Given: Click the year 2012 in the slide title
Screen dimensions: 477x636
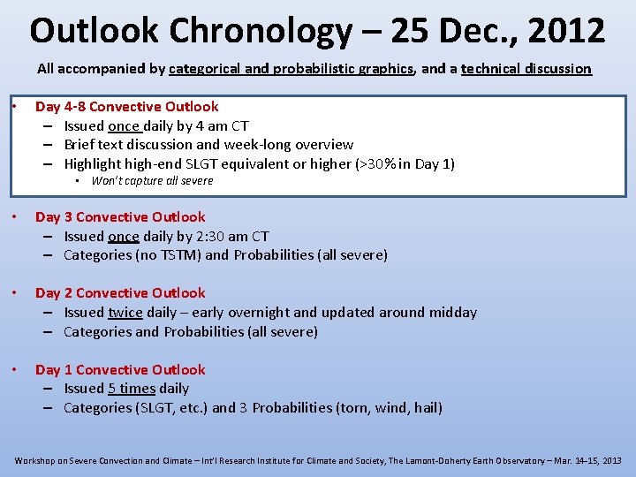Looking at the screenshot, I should pos(567,31).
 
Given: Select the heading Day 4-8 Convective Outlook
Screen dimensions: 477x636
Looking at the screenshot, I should pos(126,106).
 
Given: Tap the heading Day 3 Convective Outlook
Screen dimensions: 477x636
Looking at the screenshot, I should pos(119,216).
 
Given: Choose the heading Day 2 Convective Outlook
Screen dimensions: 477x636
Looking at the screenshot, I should pos(119,292).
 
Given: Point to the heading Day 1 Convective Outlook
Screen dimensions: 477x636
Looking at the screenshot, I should pos(119,369).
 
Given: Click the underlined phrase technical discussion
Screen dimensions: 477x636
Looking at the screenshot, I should pos(526,68).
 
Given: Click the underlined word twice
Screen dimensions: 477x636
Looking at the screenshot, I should pos(125,312).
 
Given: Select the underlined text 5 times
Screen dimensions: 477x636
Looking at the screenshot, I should pos(131,388).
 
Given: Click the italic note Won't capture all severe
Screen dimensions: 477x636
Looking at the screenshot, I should pos(152,181).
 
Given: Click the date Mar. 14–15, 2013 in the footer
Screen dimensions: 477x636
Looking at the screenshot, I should pos(585,461).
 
